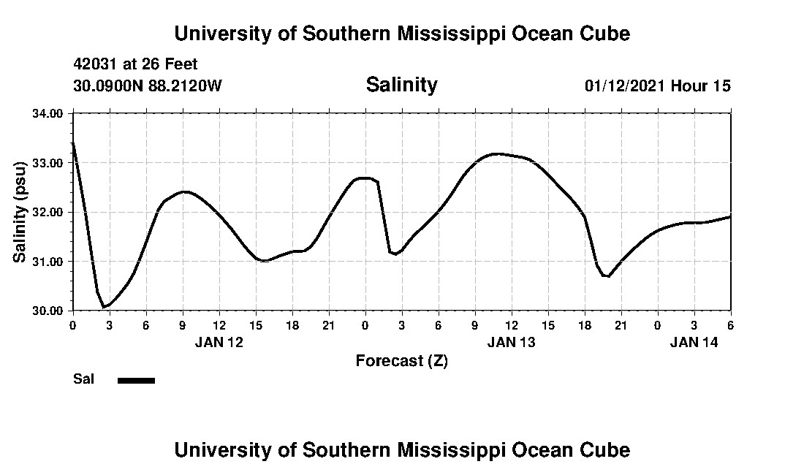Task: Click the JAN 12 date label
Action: [x=219, y=341]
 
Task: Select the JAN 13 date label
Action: [x=511, y=341]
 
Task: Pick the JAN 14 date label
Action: [x=694, y=341]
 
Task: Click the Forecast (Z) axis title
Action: [x=401, y=361]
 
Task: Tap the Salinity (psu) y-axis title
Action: [x=20, y=212]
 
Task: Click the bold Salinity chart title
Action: [x=401, y=85]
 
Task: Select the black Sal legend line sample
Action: [x=136, y=380]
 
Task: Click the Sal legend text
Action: [x=83, y=379]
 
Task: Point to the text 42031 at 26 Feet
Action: [x=135, y=64]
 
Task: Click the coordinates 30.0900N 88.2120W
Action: [x=147, y=85]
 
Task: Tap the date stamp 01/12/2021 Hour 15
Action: [x=657, y=85]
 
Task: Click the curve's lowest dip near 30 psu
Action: [x=105, y=307]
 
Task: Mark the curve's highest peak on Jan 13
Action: [x=497, y=153]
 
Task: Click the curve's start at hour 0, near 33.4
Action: [x=73, y=143]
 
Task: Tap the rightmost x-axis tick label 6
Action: [x=730, y=324]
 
